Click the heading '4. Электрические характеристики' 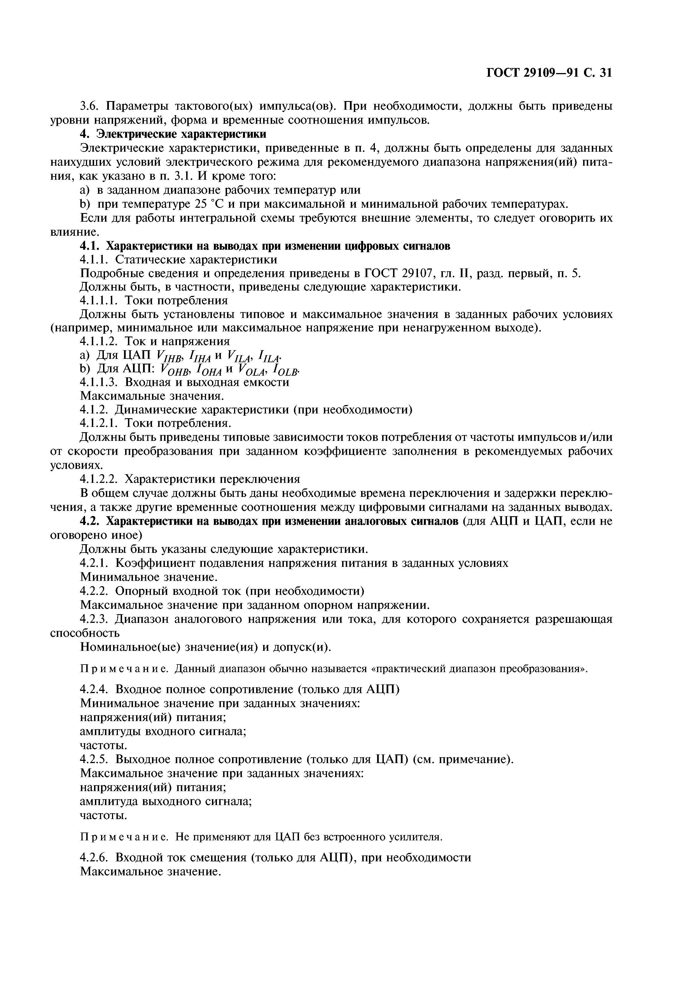173,134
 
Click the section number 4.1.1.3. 101,382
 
